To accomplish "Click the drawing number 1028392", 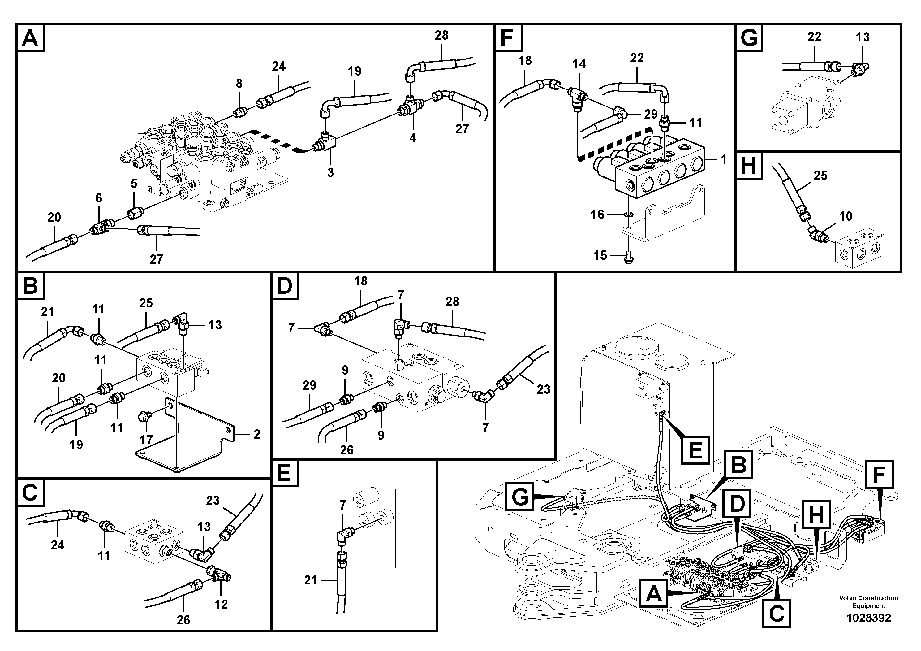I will pos(868,618).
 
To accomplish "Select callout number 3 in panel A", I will pos(330,173).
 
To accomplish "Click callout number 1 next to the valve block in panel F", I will pos(724,160).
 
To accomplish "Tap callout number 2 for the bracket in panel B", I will pos(257,434).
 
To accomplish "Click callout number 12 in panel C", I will pos(221,605).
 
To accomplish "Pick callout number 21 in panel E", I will pos(311,580).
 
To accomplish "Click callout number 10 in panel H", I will pos(846,217).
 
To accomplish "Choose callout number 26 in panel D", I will pos(346,450).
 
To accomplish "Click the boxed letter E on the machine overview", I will pos(695,450).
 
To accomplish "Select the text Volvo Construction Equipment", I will pos(868,602).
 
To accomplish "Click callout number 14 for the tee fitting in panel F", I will pos(579,64).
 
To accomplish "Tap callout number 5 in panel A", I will pos(134,184).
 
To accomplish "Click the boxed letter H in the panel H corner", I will pos(748,166).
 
